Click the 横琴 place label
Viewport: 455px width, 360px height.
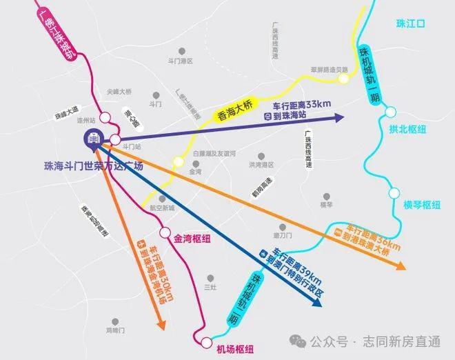click(326, 205)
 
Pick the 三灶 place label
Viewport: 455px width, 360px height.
click(211, 286)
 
